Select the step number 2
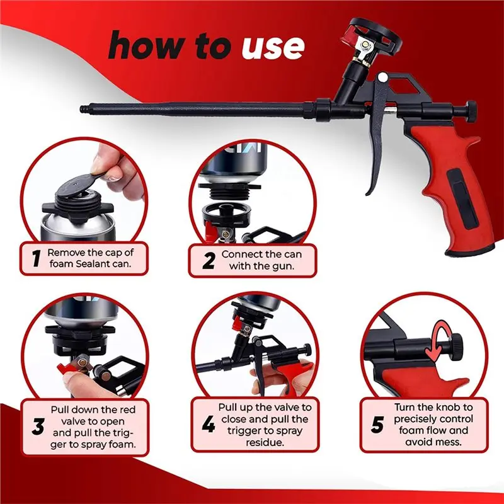click(209, 260)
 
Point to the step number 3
click(38, 427)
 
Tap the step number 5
click(377, 425)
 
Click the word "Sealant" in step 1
click(96, 264)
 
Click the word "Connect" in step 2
click(243, 255)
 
